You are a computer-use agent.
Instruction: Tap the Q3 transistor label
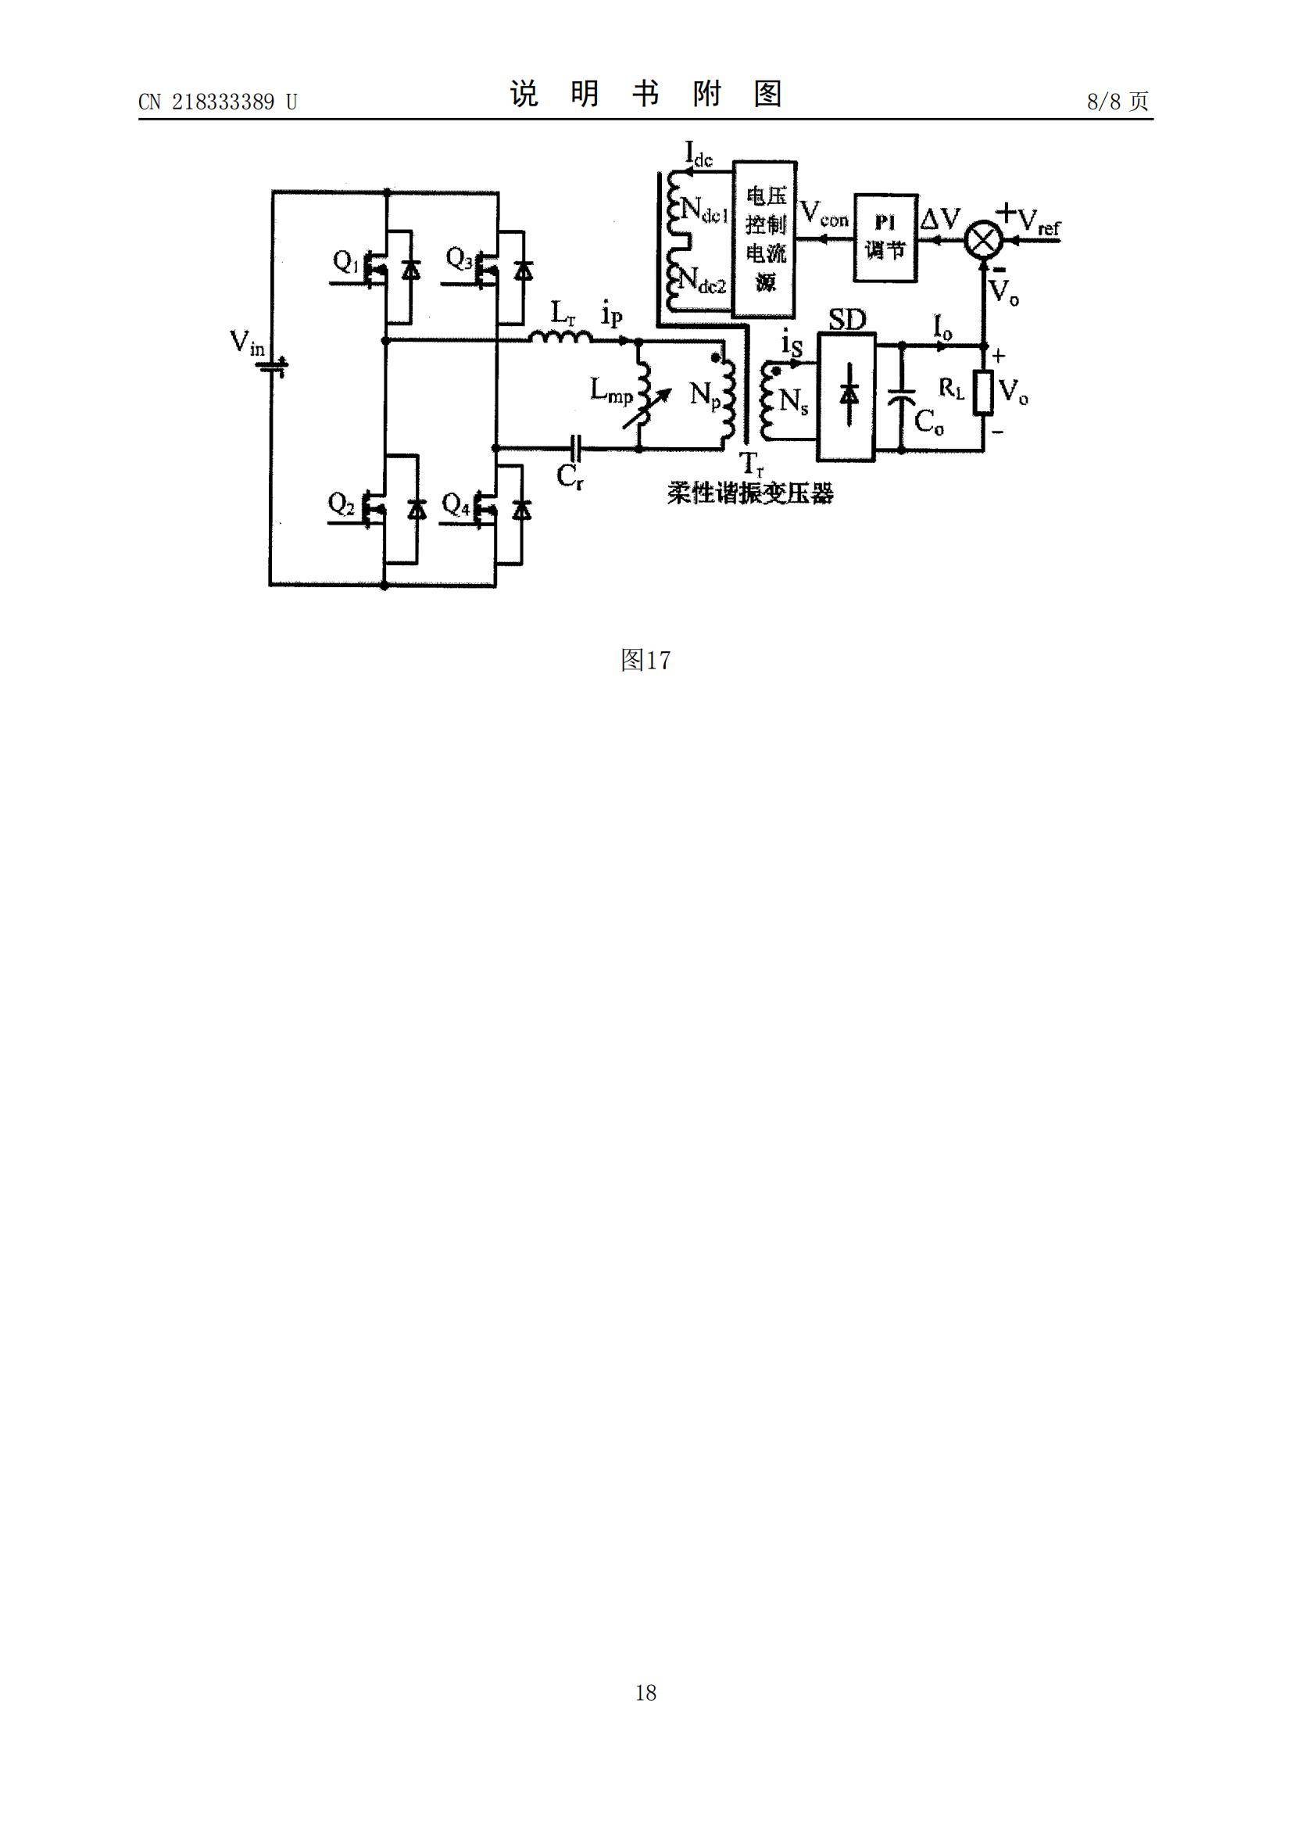pos(460,259)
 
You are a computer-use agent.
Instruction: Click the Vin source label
pos(248,343)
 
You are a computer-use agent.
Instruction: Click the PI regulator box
pos(885,236)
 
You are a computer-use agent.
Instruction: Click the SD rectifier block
pos(847,396)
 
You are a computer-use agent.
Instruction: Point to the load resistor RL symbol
pos(984,393)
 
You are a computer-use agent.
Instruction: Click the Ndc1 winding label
pos(704,211)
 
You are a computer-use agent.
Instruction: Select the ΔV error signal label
pos(941,218)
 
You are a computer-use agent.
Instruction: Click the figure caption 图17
pos(645,660)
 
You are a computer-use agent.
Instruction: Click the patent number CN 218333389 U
pos(217,102)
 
